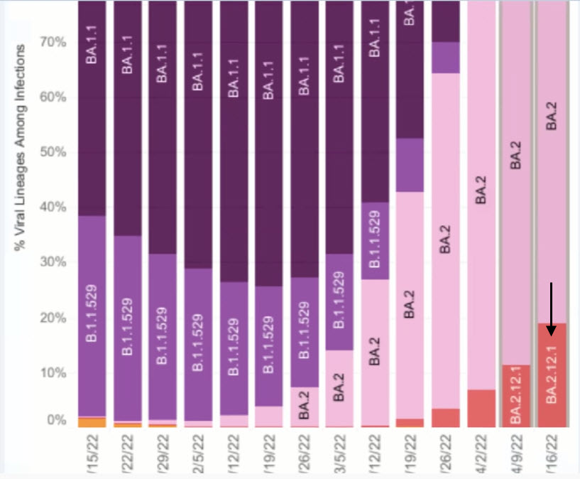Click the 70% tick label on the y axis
[x=53, y=42]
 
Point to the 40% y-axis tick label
[x=53, y=207]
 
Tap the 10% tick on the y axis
[x=53, y=372]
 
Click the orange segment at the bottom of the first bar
[x=92, y=423]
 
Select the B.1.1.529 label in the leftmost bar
[x=92, y=316]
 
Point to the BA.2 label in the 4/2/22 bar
[x=481, y=188]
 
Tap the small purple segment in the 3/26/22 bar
[x=445, y=58]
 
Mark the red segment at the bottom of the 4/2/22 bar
[x=481, y=408]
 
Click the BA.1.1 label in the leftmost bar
[x=92, y=47]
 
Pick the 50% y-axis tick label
[x=53, y=152]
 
